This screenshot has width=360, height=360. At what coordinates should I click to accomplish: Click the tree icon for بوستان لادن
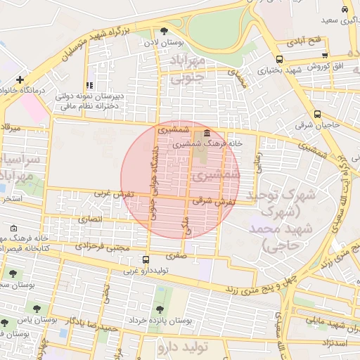164,31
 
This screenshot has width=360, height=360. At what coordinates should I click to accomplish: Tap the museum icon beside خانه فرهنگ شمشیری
205,134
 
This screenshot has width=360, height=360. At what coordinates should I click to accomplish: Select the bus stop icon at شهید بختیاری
279,60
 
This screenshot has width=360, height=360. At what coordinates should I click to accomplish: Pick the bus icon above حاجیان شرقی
318,114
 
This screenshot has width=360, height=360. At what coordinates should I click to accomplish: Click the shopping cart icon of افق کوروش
324,55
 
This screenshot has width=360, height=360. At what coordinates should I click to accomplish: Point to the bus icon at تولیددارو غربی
146,259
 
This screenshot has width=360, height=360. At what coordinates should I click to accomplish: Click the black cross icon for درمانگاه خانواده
20,79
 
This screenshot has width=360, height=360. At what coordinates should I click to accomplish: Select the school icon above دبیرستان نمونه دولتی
89,86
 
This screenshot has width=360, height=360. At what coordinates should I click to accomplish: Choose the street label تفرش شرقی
212,200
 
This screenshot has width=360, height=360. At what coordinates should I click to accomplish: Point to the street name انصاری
90,219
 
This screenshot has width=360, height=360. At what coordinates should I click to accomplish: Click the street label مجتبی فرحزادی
103,247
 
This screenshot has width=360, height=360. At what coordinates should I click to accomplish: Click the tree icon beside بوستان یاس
5,322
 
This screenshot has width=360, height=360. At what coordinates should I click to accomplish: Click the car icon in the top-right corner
344,9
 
